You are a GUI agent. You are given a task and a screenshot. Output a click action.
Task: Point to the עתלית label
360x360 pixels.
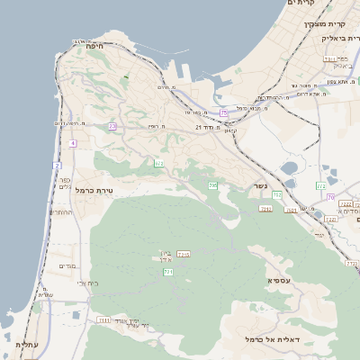(25, 344)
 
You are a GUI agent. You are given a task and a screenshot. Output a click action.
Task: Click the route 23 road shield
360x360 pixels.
(112, 127)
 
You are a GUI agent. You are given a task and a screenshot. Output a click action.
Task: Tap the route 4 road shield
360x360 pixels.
(72, 143)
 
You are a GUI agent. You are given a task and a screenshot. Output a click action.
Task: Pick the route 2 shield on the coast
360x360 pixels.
(57, 166)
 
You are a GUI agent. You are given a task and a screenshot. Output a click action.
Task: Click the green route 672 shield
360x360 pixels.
(158, 163)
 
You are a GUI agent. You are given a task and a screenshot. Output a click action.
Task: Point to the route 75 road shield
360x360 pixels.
(223, 112)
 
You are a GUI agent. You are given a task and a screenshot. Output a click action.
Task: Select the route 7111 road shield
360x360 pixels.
(103, 319)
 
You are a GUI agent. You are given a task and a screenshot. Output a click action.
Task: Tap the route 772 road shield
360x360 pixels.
(321, 186)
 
